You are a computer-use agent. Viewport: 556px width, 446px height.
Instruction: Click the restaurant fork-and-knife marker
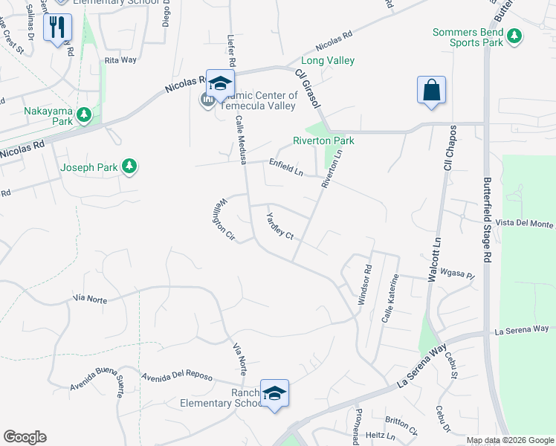click(x=57, y=28)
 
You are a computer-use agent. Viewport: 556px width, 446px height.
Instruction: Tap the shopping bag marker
click(x=431, y=91)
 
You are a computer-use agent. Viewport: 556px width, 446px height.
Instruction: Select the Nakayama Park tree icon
click(x=84, y=115)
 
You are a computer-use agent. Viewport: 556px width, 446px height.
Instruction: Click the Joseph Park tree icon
click(x=130, y=167)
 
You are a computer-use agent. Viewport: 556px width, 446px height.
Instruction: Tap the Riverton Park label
click(x=323, y=140)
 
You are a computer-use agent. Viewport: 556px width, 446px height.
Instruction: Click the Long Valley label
click(x=327, y=61)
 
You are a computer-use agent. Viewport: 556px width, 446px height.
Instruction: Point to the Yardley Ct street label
click(x=280, y=225)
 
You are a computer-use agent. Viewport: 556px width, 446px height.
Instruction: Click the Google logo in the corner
click(x=25, y=437)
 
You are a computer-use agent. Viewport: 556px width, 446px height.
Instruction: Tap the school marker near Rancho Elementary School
click(x=274, y=393)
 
